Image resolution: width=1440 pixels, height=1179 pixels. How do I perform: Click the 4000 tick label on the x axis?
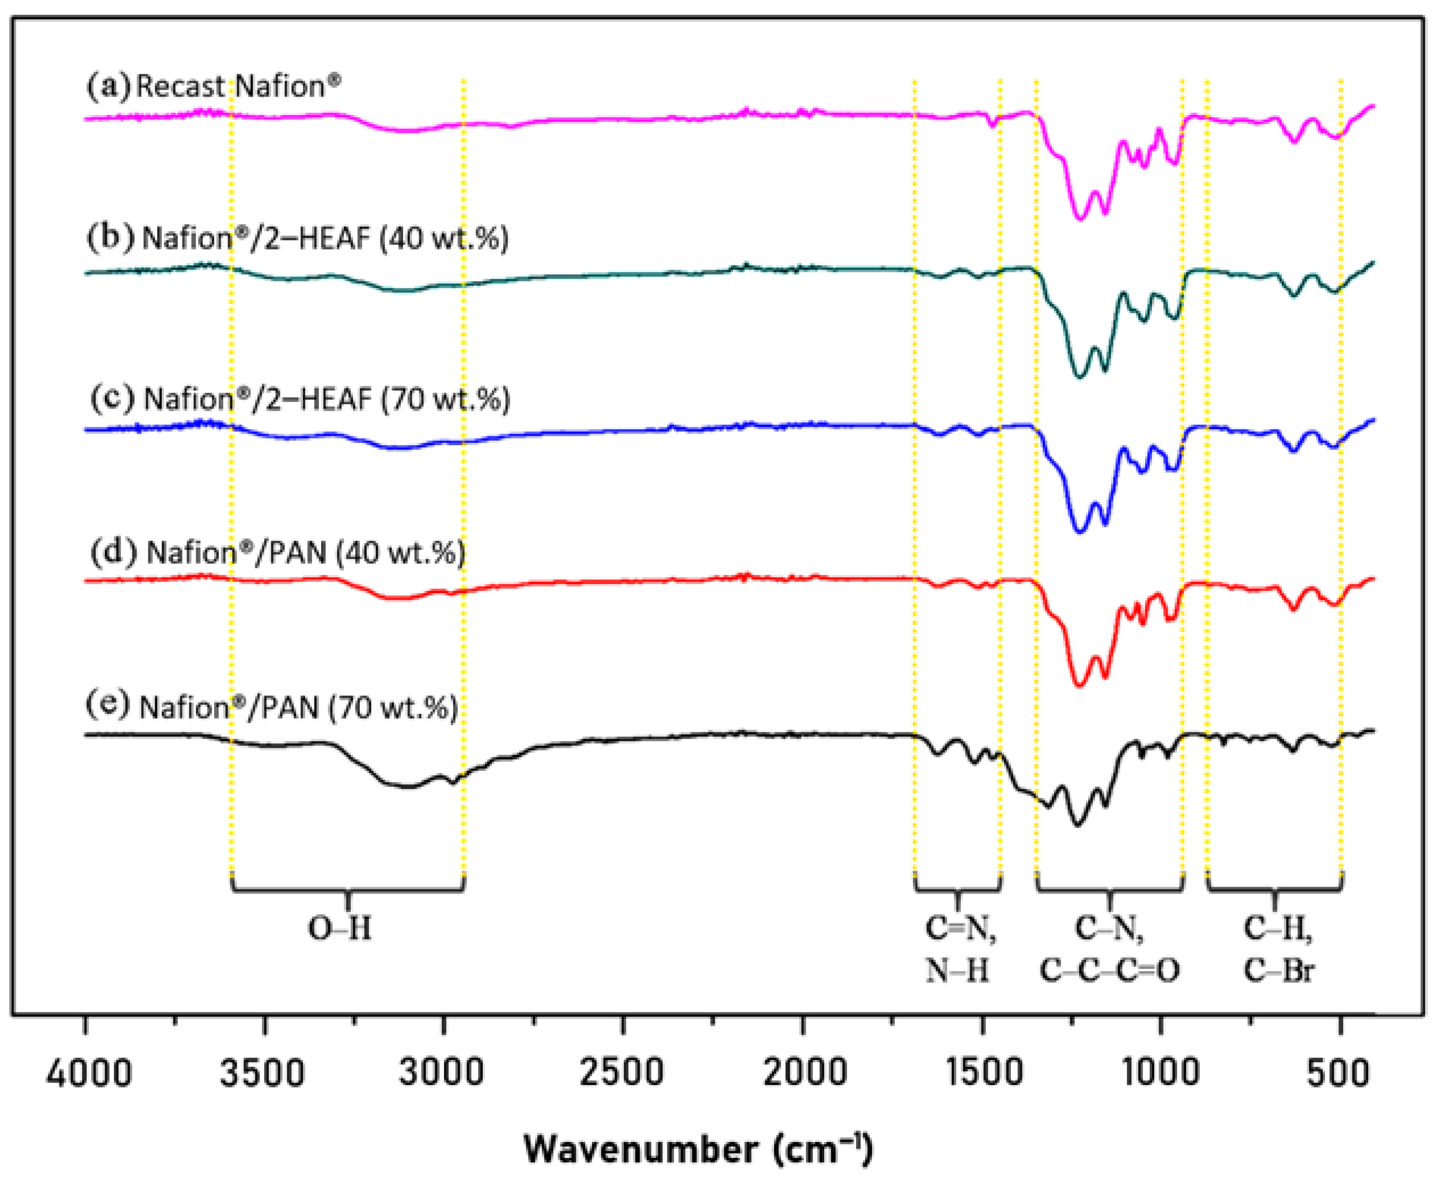point(88,1074)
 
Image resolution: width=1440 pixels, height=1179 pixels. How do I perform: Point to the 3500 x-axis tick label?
point(263,1074)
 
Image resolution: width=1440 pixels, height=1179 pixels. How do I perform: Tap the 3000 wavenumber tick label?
point(441,1074)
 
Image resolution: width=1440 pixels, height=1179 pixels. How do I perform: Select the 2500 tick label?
point(621,1074)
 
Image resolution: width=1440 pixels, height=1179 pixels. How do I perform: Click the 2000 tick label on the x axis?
point(804,1074)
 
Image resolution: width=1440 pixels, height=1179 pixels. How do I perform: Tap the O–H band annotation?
point(340,928)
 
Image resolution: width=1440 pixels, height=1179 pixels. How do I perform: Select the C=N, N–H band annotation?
point(959,949)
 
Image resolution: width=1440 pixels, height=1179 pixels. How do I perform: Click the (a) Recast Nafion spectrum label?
point(214,86)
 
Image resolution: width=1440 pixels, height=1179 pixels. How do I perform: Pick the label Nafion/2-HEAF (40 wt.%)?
point(299,239)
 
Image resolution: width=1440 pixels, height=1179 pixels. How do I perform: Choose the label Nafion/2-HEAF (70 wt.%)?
point(301,399)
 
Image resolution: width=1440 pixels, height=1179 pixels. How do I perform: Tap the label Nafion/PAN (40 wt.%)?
point(278,552)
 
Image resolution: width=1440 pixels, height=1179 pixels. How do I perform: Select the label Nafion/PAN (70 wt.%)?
point(271,707)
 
